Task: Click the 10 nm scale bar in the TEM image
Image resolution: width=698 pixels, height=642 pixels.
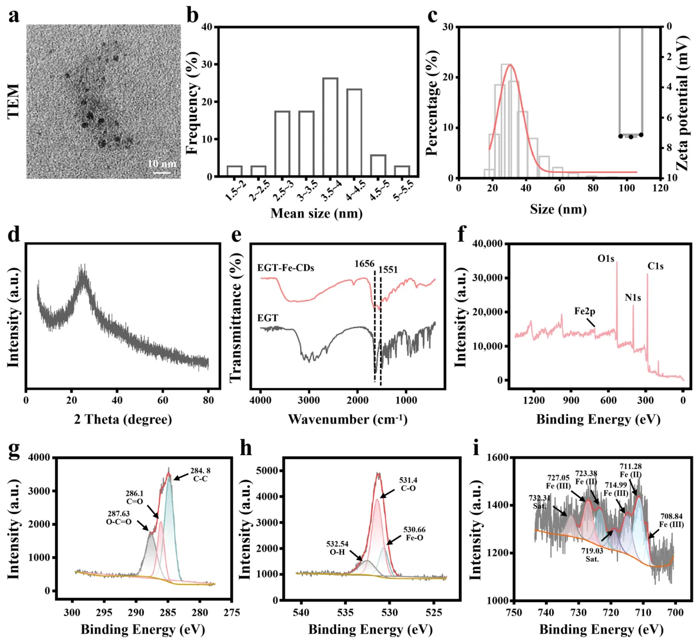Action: click(162, 172)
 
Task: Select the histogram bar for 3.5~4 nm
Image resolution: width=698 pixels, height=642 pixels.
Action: click(330, 128)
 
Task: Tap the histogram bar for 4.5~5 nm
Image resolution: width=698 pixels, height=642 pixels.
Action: click(378, 166)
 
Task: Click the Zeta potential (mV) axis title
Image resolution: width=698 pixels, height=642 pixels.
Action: click(682, 102)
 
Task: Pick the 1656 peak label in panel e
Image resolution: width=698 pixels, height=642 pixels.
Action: click(365, 264)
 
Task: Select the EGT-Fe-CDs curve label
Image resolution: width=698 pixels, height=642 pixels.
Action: click(286, 268)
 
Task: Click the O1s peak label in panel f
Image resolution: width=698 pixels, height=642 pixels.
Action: click(606, 258)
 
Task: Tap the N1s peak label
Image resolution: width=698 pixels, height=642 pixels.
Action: click(633, 298)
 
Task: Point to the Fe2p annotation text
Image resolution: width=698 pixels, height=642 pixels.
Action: click(585, 311)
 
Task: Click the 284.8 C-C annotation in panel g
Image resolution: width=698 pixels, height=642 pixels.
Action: click(200, 475)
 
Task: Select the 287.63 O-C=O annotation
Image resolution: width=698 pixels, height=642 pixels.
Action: click(119, 517)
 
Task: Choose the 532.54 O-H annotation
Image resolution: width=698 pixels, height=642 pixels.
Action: click(337, 548)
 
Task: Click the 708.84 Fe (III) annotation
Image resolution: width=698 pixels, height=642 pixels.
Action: click(671, 521)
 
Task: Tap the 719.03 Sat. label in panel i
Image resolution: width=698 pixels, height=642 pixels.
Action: click(592, 555)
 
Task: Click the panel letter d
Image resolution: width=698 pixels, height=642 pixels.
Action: click(13, 235)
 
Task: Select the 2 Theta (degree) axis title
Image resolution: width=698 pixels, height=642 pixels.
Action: click(123, 419)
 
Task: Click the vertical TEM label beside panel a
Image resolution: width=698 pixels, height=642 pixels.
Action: click(13, 101)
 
